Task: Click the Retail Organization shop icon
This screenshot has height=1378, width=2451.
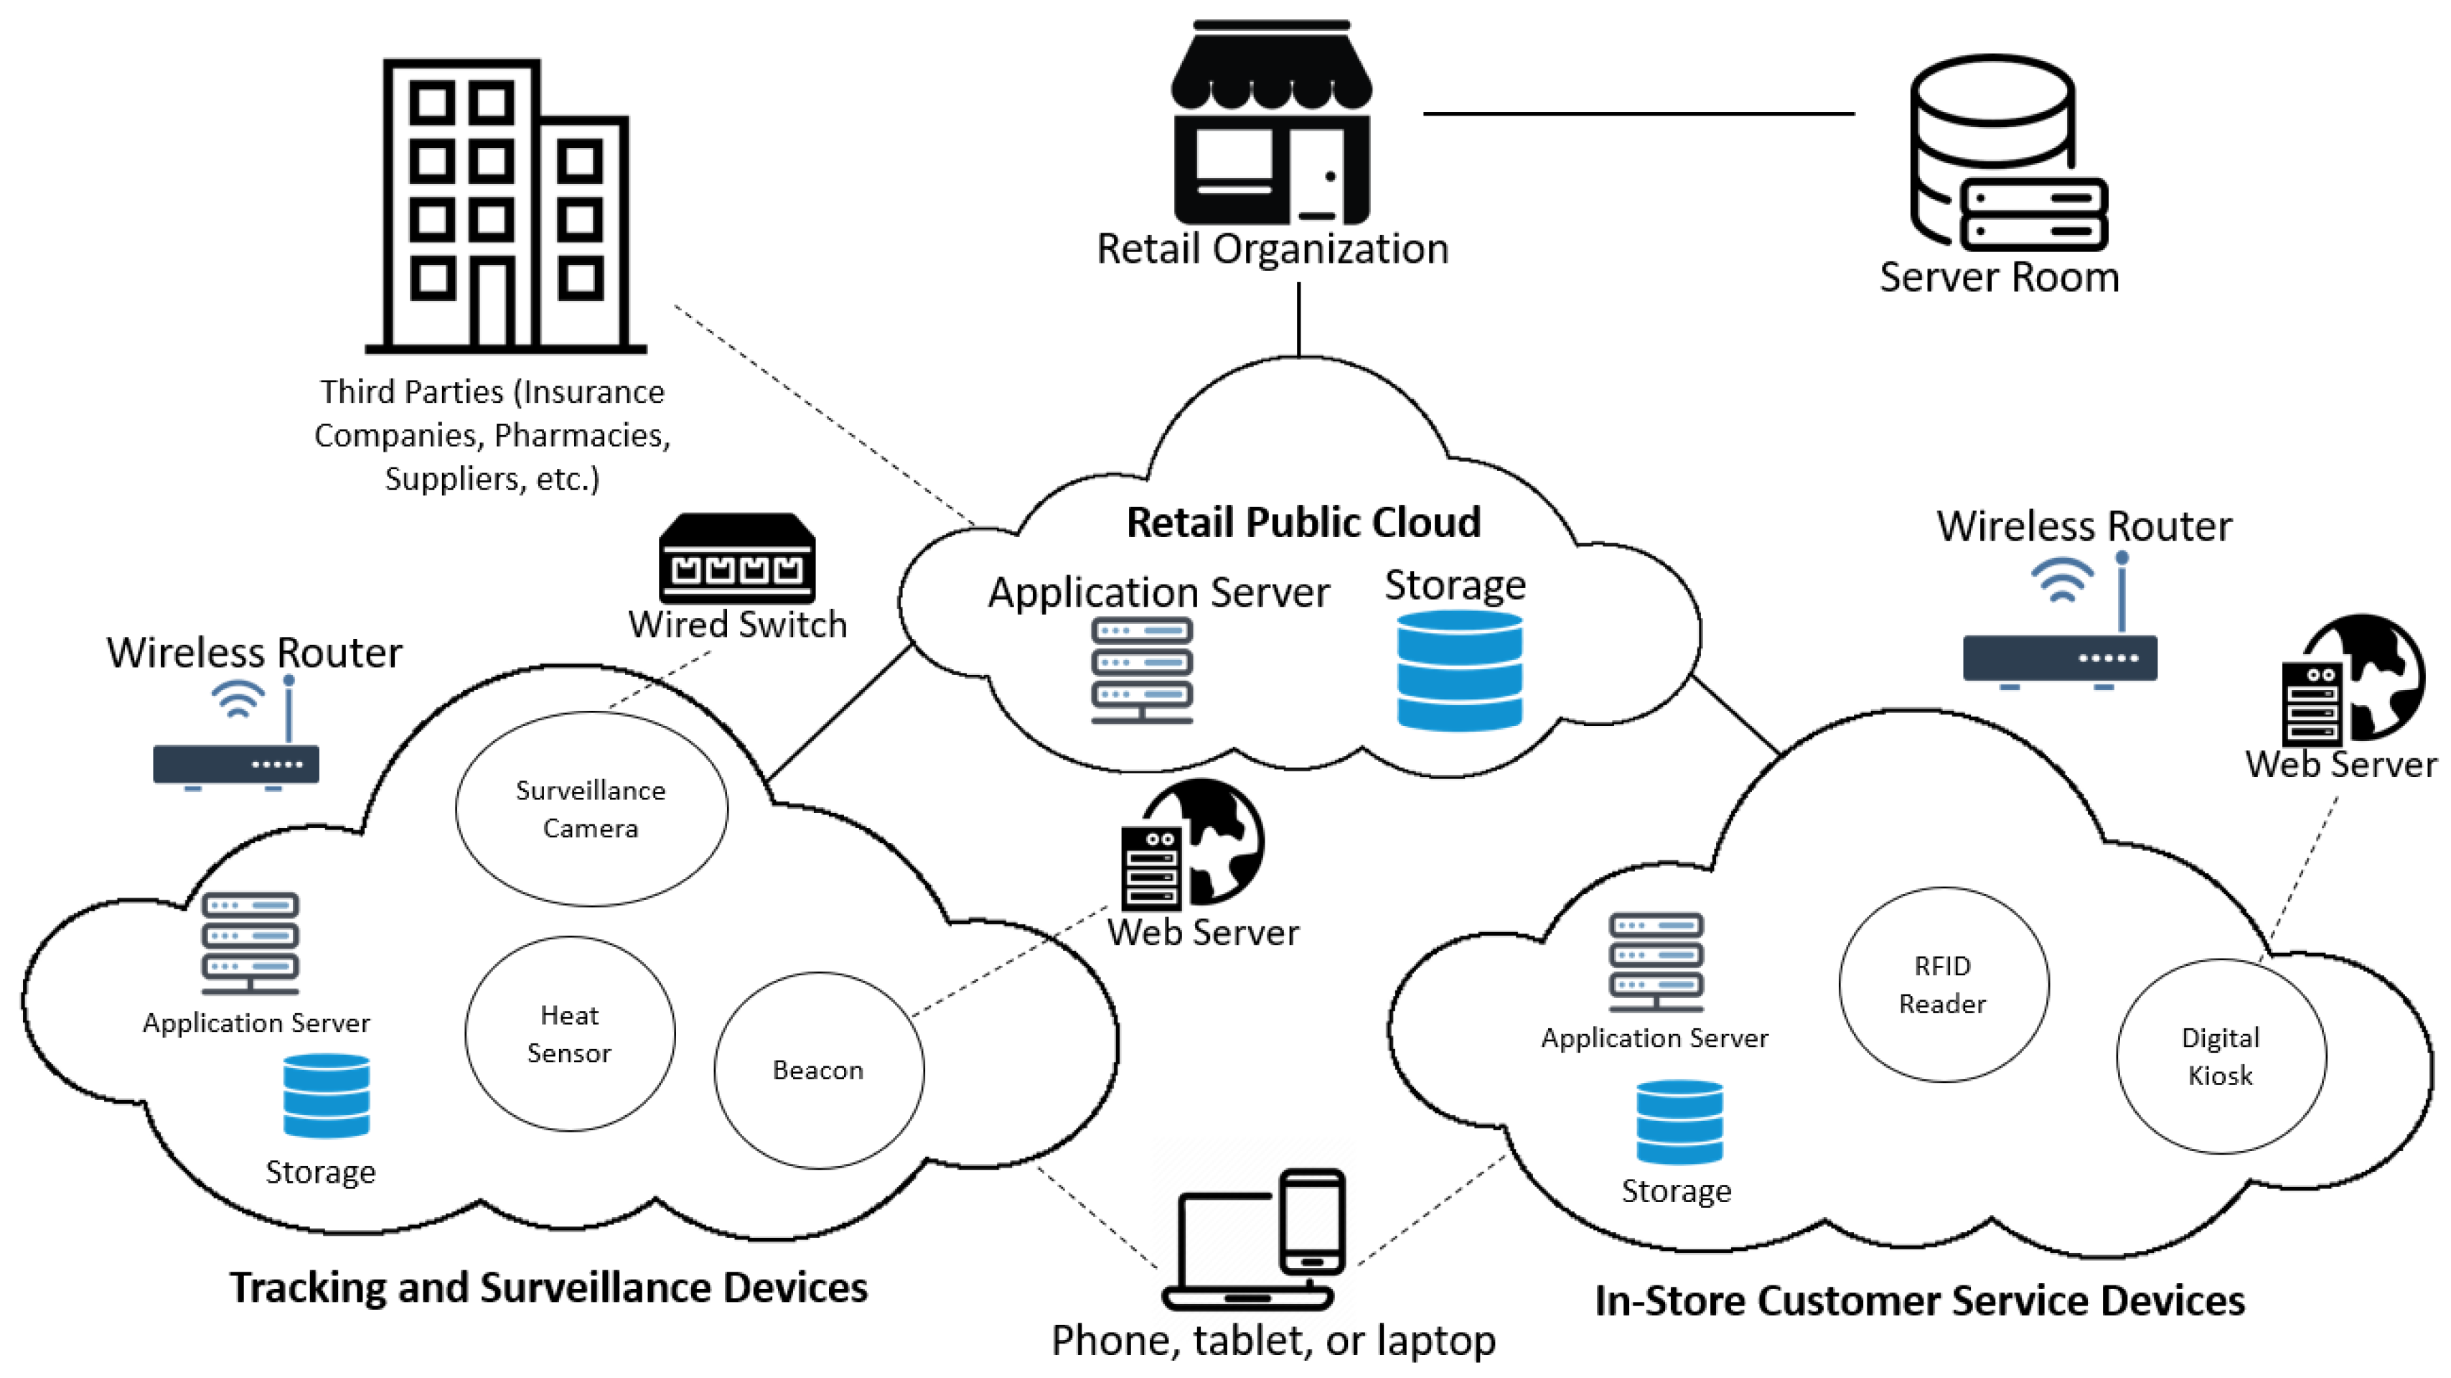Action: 1271,124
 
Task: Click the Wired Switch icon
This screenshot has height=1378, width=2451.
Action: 737,559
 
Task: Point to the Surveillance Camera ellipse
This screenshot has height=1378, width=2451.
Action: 591,809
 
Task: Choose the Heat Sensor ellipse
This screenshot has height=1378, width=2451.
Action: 570,1033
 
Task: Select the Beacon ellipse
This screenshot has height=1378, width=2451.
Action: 818,1070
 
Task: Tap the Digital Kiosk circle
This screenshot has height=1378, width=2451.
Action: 2221,1056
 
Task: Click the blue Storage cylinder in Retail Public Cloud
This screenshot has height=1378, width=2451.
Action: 1458,670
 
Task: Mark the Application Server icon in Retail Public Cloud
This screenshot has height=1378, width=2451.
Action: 1142,670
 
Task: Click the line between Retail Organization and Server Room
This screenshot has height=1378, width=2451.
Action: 1639,113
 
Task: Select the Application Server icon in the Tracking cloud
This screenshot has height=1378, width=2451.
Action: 250,942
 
